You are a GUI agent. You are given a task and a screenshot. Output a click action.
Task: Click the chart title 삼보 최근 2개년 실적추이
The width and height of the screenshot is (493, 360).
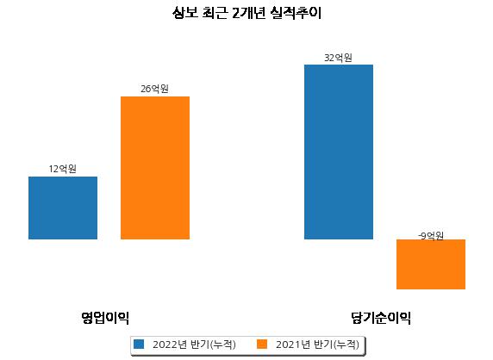tap(246, 13)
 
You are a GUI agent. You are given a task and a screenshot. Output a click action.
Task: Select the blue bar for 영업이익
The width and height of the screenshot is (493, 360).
tap(63, 208)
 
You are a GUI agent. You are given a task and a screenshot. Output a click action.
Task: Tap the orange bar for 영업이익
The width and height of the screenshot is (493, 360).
tap(155, 168)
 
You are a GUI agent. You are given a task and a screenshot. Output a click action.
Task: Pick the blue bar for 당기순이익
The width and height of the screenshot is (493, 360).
tap(339, 152)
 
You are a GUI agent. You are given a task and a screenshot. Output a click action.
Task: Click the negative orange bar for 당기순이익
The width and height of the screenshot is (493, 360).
tap(431, 264)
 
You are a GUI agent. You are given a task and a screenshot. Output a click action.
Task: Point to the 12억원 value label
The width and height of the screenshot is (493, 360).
tap(63, 169)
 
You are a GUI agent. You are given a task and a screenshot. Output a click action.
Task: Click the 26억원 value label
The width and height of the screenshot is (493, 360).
tap(154, 89)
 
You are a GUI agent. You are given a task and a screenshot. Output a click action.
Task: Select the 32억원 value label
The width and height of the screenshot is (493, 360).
tap(339, 58)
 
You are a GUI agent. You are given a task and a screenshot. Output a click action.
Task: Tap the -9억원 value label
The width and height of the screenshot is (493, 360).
tap(431, 236)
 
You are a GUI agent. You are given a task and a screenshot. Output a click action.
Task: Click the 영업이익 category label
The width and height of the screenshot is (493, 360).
tap(105, 318)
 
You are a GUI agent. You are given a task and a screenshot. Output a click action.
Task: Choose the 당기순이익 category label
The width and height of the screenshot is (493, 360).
tap(381, 318)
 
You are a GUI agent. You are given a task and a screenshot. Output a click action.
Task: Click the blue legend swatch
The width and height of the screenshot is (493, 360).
tap(139, 344)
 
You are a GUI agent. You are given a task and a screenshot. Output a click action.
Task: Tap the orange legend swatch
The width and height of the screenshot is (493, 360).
tap(262, 344)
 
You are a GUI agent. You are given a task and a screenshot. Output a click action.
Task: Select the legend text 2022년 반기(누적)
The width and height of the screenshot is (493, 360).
tap(194, 344)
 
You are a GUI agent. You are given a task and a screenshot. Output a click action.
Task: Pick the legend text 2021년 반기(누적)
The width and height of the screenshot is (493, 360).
tap(317, 344)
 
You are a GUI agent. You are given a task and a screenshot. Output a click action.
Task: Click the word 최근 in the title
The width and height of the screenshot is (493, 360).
tap(215, 13)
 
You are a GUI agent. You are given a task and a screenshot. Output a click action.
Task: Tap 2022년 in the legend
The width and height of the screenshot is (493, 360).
tap(170, 344)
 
